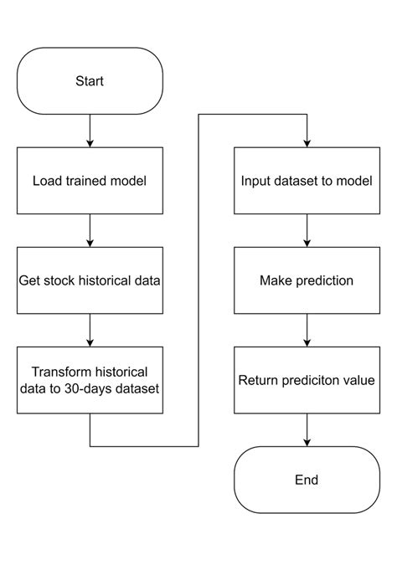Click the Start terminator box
click(x=90, y=81)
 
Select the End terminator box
click(x=307, y=480)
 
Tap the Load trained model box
click(x=90, y=180)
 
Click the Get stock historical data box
click(x=90, y=280)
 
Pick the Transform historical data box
click(x=90, y=379)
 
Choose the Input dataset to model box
click(x=307, y=180)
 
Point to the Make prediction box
click(x=307, y=280)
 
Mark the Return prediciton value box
click(x=307, y=379)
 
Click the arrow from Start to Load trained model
click(x=90, y=131)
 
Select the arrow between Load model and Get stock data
click(x=90, y=230)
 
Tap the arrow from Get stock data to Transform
click(x=90, y=330)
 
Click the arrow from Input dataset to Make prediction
click(x=307, y=230)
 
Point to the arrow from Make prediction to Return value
click(x=307, y=330)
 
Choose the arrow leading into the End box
click(x=307, y=429)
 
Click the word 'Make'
click(x=276, y=280)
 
